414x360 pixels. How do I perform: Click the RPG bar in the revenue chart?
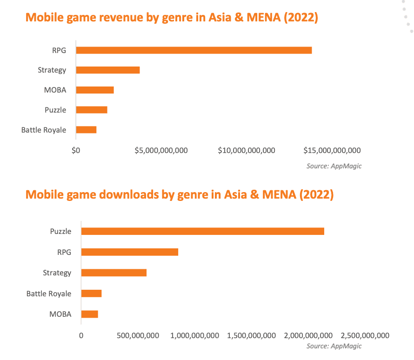(x=194, y=50)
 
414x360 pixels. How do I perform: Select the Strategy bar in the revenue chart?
(x=108, y=70)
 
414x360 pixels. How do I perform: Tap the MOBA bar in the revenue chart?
(x=95, y=90)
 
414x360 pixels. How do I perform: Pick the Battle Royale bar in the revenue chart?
(x=86, y=130)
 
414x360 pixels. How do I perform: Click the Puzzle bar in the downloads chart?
(x=202, y=231)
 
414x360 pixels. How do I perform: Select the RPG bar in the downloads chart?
(x=130, y=252)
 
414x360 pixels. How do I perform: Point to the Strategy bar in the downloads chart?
(x=114, y=273)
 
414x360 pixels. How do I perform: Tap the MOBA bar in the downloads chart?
(x=90, y=314)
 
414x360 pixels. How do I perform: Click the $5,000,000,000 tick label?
(x=161, y=150)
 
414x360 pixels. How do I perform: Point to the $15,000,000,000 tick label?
(x=332, y=150)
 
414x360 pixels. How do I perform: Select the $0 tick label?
(x=76, y=150)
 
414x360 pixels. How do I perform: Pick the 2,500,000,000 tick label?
(x=365, y=335)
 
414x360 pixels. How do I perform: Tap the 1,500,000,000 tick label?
(x=252, y=335)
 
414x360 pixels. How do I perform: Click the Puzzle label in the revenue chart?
(x=55, y=110)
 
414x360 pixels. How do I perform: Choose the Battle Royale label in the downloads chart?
(x=49, y=293)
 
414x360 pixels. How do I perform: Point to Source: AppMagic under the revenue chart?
(x=334, y=166)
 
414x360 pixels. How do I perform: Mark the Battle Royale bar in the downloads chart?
(x=91, y=293)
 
